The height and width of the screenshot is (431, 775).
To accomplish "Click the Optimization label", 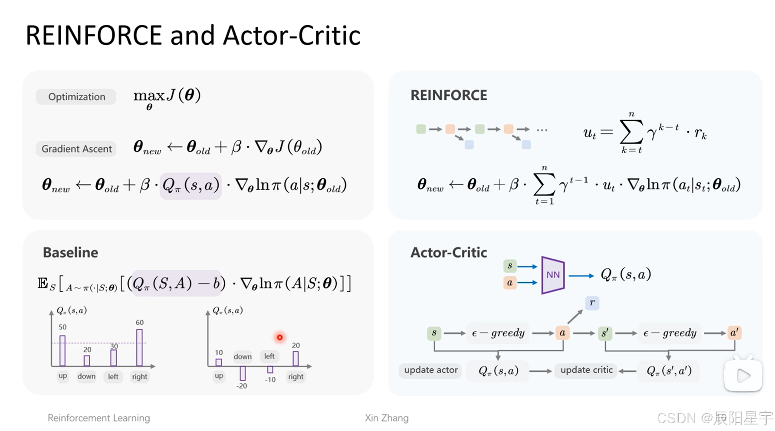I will click(76, 96).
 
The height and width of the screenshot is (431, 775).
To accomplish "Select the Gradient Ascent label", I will click(76, 149).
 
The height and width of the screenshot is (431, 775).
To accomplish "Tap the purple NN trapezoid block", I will click(553, 275).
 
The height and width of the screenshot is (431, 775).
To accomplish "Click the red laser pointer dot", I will click(280, 337).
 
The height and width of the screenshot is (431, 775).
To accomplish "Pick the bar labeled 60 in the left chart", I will click(139, 347).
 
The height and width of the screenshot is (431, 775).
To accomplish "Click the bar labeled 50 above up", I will click(62, 350).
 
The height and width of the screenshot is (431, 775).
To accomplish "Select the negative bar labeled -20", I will click(243, 373).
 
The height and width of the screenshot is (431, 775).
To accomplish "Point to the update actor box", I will click(430, 370).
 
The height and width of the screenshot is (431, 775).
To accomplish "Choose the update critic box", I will click(586, 370).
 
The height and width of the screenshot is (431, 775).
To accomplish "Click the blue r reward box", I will click(592, 303).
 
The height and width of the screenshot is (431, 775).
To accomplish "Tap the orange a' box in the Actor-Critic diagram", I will click(734, 333).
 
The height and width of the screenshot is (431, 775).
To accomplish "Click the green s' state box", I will click(604, 333).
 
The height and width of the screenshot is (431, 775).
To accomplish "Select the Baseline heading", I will click(70, 253).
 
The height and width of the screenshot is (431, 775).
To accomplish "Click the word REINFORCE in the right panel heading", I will click(449, 95).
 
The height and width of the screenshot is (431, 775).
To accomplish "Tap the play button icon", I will click(743, 375).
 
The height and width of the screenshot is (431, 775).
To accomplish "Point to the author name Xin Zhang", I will click(387, 418).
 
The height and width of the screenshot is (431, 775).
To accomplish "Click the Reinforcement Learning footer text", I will click(99, 418).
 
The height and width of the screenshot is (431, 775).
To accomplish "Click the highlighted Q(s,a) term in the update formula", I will click(190, 186).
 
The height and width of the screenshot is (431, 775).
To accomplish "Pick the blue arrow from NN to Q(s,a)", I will click(581, 276).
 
